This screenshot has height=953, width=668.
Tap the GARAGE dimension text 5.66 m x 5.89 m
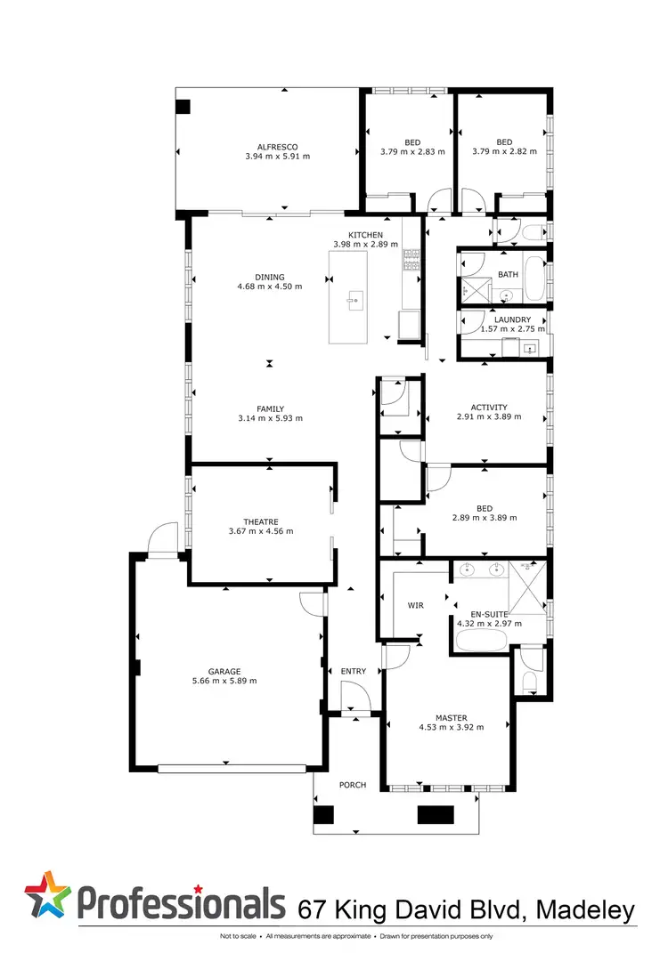(x=224, y=682)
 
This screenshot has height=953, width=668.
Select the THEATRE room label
(x=261, y=521)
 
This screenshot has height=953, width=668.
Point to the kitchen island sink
(x=355, y=299)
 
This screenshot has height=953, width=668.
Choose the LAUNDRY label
(x=512, y=319)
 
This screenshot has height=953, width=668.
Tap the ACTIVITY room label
(x=489, y=408)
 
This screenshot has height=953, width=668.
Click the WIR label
(x=415, y=605)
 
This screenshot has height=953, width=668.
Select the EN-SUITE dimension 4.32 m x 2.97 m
(x=489, y=624)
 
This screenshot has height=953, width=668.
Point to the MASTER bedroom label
(x=452, y=718)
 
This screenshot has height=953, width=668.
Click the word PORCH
(x=354, y=785)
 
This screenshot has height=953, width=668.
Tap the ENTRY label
(x=354, y=671)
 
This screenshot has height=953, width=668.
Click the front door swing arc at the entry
(x=354, y=693)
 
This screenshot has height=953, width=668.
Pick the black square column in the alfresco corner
(x=183, y=107)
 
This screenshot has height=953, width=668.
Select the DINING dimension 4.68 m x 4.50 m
(x=270, y=287)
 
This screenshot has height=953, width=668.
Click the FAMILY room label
(x=270, y=408)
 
